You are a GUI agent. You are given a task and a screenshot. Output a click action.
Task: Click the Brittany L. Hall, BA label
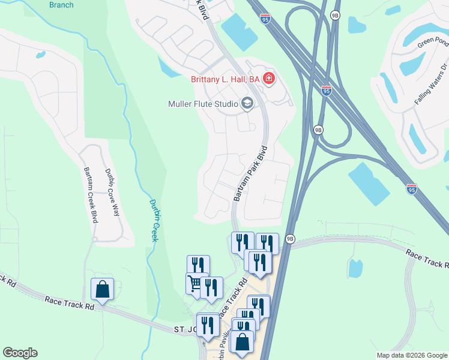[224, 79]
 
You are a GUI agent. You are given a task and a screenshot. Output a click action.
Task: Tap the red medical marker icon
[269, 79]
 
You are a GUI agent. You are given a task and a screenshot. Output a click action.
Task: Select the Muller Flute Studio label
[203, 104]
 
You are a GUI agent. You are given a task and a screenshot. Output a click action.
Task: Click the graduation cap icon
[247, 104]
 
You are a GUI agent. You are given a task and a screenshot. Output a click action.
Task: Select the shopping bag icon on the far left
[102, 289]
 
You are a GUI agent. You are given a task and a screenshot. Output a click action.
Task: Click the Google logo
[20, 353]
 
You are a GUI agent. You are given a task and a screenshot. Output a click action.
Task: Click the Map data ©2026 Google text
[412, 355]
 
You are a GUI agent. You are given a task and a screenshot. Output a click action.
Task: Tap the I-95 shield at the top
[265, 19]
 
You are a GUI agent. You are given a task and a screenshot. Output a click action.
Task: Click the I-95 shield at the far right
[411, 189]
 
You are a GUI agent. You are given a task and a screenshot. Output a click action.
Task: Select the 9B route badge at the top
[336, 16]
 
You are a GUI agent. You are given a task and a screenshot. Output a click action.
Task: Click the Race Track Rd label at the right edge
[426, 259]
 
